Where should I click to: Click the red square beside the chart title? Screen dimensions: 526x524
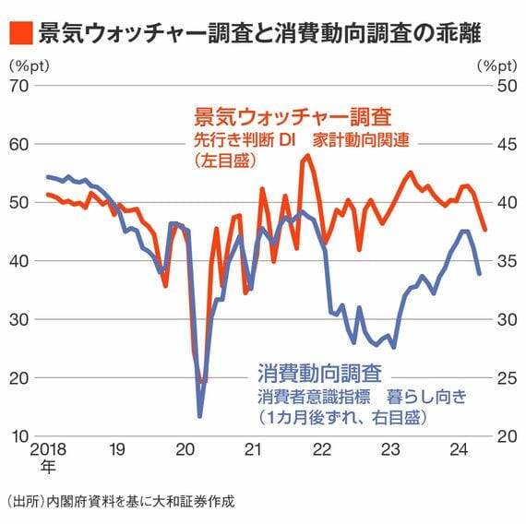pos(21,33)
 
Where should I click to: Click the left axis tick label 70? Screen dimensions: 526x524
pos(18,86)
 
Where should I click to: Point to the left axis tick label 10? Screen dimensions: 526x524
pos(20,436)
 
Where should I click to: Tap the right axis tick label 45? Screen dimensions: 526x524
pos(507,145)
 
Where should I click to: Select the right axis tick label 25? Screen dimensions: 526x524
pos(507,378)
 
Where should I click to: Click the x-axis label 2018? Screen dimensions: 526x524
pos(48,449)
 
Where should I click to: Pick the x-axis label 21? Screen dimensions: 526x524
pos(252,449)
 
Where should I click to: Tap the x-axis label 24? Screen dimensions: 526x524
pos(459,449)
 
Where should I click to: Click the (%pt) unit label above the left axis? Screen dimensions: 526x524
pos(30,66)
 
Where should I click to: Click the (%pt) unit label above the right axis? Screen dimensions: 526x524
pos(497,66)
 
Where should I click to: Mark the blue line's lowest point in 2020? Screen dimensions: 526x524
pos(200,416)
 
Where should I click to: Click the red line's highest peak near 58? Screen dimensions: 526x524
pos(308,155)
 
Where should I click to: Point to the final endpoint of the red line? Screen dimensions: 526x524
pos(484,230)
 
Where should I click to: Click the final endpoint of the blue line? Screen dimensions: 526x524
pos(479,274)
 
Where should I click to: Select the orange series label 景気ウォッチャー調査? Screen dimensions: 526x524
pos(293,117)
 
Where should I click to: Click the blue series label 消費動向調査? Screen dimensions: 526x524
pos(319,373)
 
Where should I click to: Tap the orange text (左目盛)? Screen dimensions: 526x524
pos(225,161)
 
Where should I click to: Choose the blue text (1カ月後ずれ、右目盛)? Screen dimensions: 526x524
pos(342,418)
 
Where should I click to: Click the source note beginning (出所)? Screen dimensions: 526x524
pos(121,502)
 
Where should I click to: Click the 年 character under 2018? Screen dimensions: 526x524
pos(48,467)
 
